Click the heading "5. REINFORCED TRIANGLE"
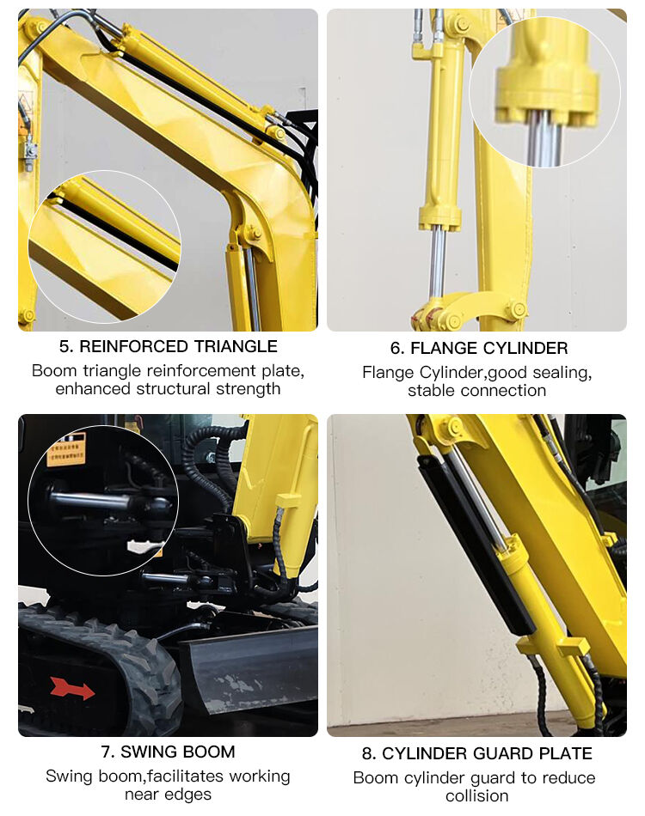[x=168, y=346]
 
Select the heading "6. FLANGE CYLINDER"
[x=477, y=348]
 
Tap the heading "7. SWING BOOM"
[x=168, y=752]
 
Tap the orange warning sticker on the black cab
[x=66, y=449]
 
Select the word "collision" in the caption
[x=477, y=796]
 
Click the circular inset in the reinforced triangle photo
[x=104, y=247]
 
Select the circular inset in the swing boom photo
[x=103, y=501]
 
